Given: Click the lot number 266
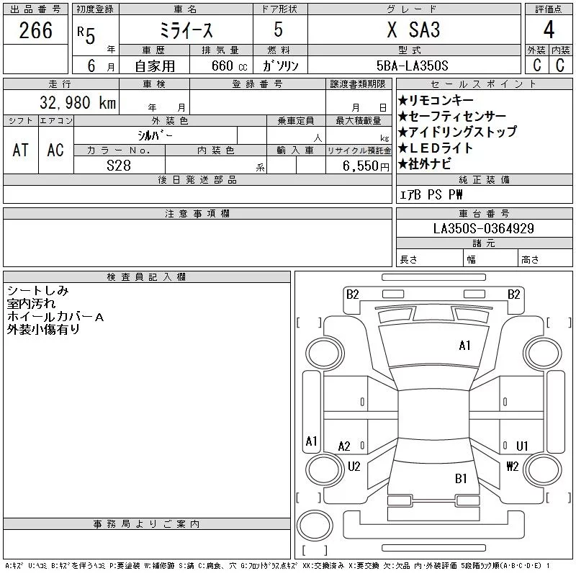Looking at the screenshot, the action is [x=35, y=30].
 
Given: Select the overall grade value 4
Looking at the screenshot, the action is [x=549, y=30].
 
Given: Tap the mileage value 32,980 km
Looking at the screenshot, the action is [x=78, y=102].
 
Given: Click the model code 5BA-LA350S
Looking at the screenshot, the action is [x=412, y=66].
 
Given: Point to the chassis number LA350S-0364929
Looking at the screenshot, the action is [x=483, y=228].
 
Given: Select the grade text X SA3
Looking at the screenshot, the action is [x=413, y=30].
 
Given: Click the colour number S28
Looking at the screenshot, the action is [x=119, y=166].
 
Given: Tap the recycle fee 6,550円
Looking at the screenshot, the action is [x=366, y=166].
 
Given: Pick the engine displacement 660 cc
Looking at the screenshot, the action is [x=229, y=66].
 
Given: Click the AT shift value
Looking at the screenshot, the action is [x=20, y=150].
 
